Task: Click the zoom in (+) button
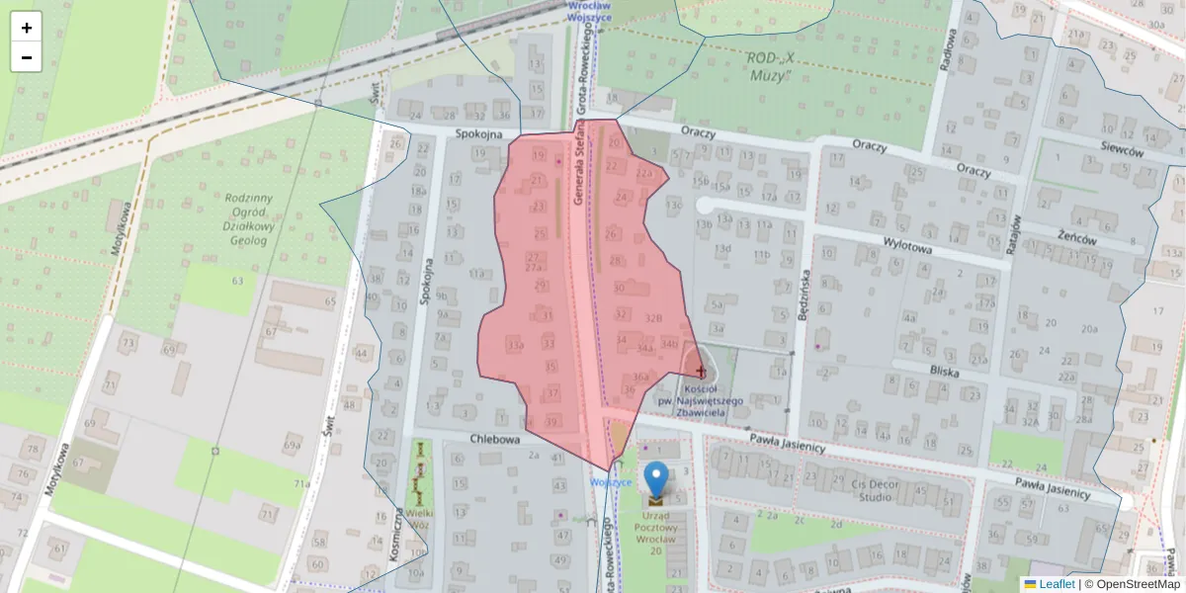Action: click(x=27, y=28)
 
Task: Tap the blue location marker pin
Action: click(x=655, y=479)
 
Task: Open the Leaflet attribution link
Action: click(x=1056, y=584)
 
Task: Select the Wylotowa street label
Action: click(x=908, y=249)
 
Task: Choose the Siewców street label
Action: click(x=1121, y=151)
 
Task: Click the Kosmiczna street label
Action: click(x=394, y=535)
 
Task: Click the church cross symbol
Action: click(x=702, y=372)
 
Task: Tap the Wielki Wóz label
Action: click(x=421, y=519)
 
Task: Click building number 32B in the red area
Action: click(x=652, y=318)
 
